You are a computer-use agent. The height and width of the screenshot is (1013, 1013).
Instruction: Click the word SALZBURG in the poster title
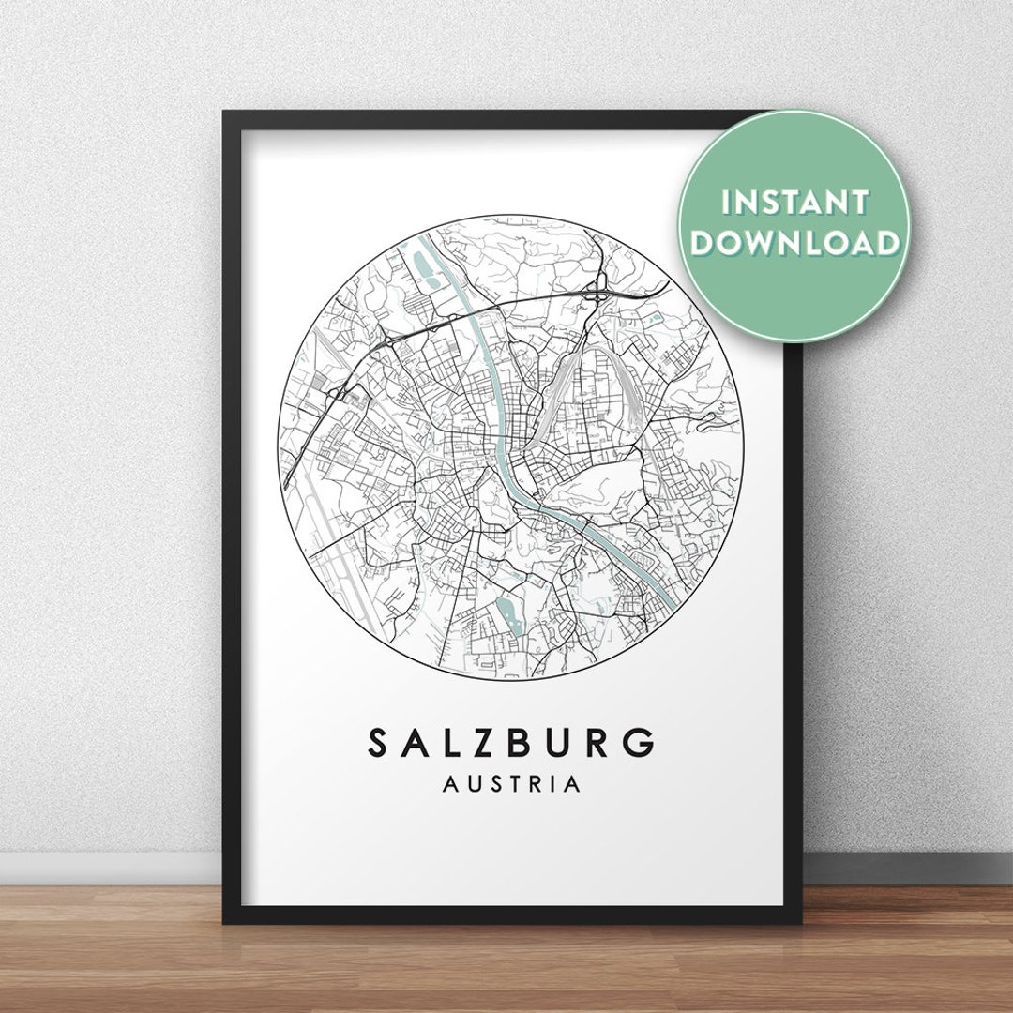point(511,743)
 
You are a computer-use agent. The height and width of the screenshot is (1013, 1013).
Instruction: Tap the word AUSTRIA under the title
point(511,784)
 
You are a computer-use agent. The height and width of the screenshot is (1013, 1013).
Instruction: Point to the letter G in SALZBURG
point(641,743)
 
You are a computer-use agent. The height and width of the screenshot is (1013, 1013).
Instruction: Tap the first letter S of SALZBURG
point(379,743)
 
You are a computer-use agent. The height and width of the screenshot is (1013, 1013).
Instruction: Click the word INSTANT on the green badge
point(795,202)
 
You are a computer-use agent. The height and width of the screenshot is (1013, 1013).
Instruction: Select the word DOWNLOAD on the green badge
point(795,243)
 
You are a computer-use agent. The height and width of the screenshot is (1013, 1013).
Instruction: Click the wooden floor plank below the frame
point(506,966)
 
